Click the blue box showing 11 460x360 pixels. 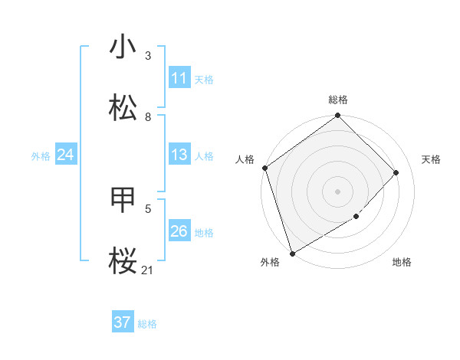pos(179,78)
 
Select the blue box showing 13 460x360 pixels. pos(179,155)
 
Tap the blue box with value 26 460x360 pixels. pos(179,231)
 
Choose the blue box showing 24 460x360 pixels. pos(65,155)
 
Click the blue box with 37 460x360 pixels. pos(123,322)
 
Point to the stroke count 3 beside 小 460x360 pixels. pos(148,56)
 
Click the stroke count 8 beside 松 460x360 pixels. pos(148,116)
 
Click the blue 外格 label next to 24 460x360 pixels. pos(41,156)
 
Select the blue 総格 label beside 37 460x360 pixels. pos(147,324)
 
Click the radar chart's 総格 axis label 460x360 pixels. pos(338,100)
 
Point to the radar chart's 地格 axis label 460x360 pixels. pos(402,263)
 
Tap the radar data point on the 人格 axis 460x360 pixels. pos(264,168)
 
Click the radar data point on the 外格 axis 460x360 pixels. pos(292,253)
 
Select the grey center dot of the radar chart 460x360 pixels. pos(337,191)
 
